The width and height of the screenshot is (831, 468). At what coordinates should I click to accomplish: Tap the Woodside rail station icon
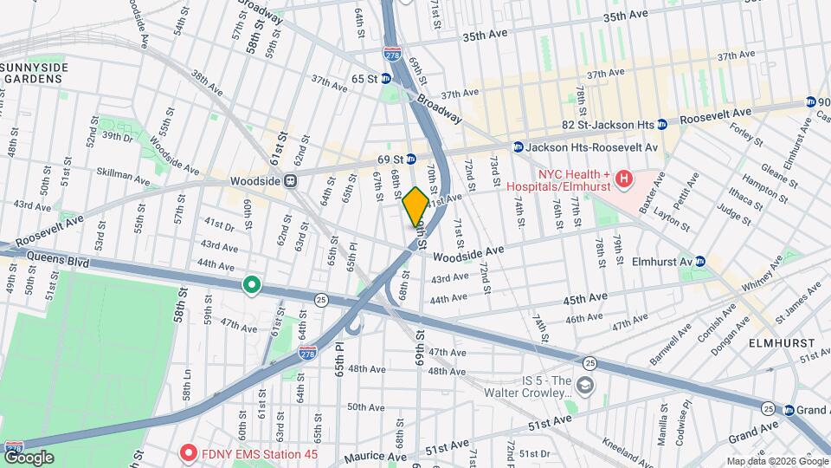point(292,181)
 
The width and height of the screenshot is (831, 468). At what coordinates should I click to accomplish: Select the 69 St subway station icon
point(411,159)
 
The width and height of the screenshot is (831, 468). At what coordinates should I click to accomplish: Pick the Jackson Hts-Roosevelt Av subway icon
point(519,147)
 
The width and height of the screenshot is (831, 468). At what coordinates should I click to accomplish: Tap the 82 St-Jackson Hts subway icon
point(662,124)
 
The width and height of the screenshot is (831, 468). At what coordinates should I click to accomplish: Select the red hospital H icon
point(623,180)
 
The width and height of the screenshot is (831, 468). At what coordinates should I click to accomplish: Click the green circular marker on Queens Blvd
point(251,284)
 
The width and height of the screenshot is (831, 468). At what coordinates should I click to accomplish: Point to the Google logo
point(29,457)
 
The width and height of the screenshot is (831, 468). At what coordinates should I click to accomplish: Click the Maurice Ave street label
point(375,457)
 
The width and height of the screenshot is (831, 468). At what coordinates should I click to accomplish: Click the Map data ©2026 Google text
point(776,461)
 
